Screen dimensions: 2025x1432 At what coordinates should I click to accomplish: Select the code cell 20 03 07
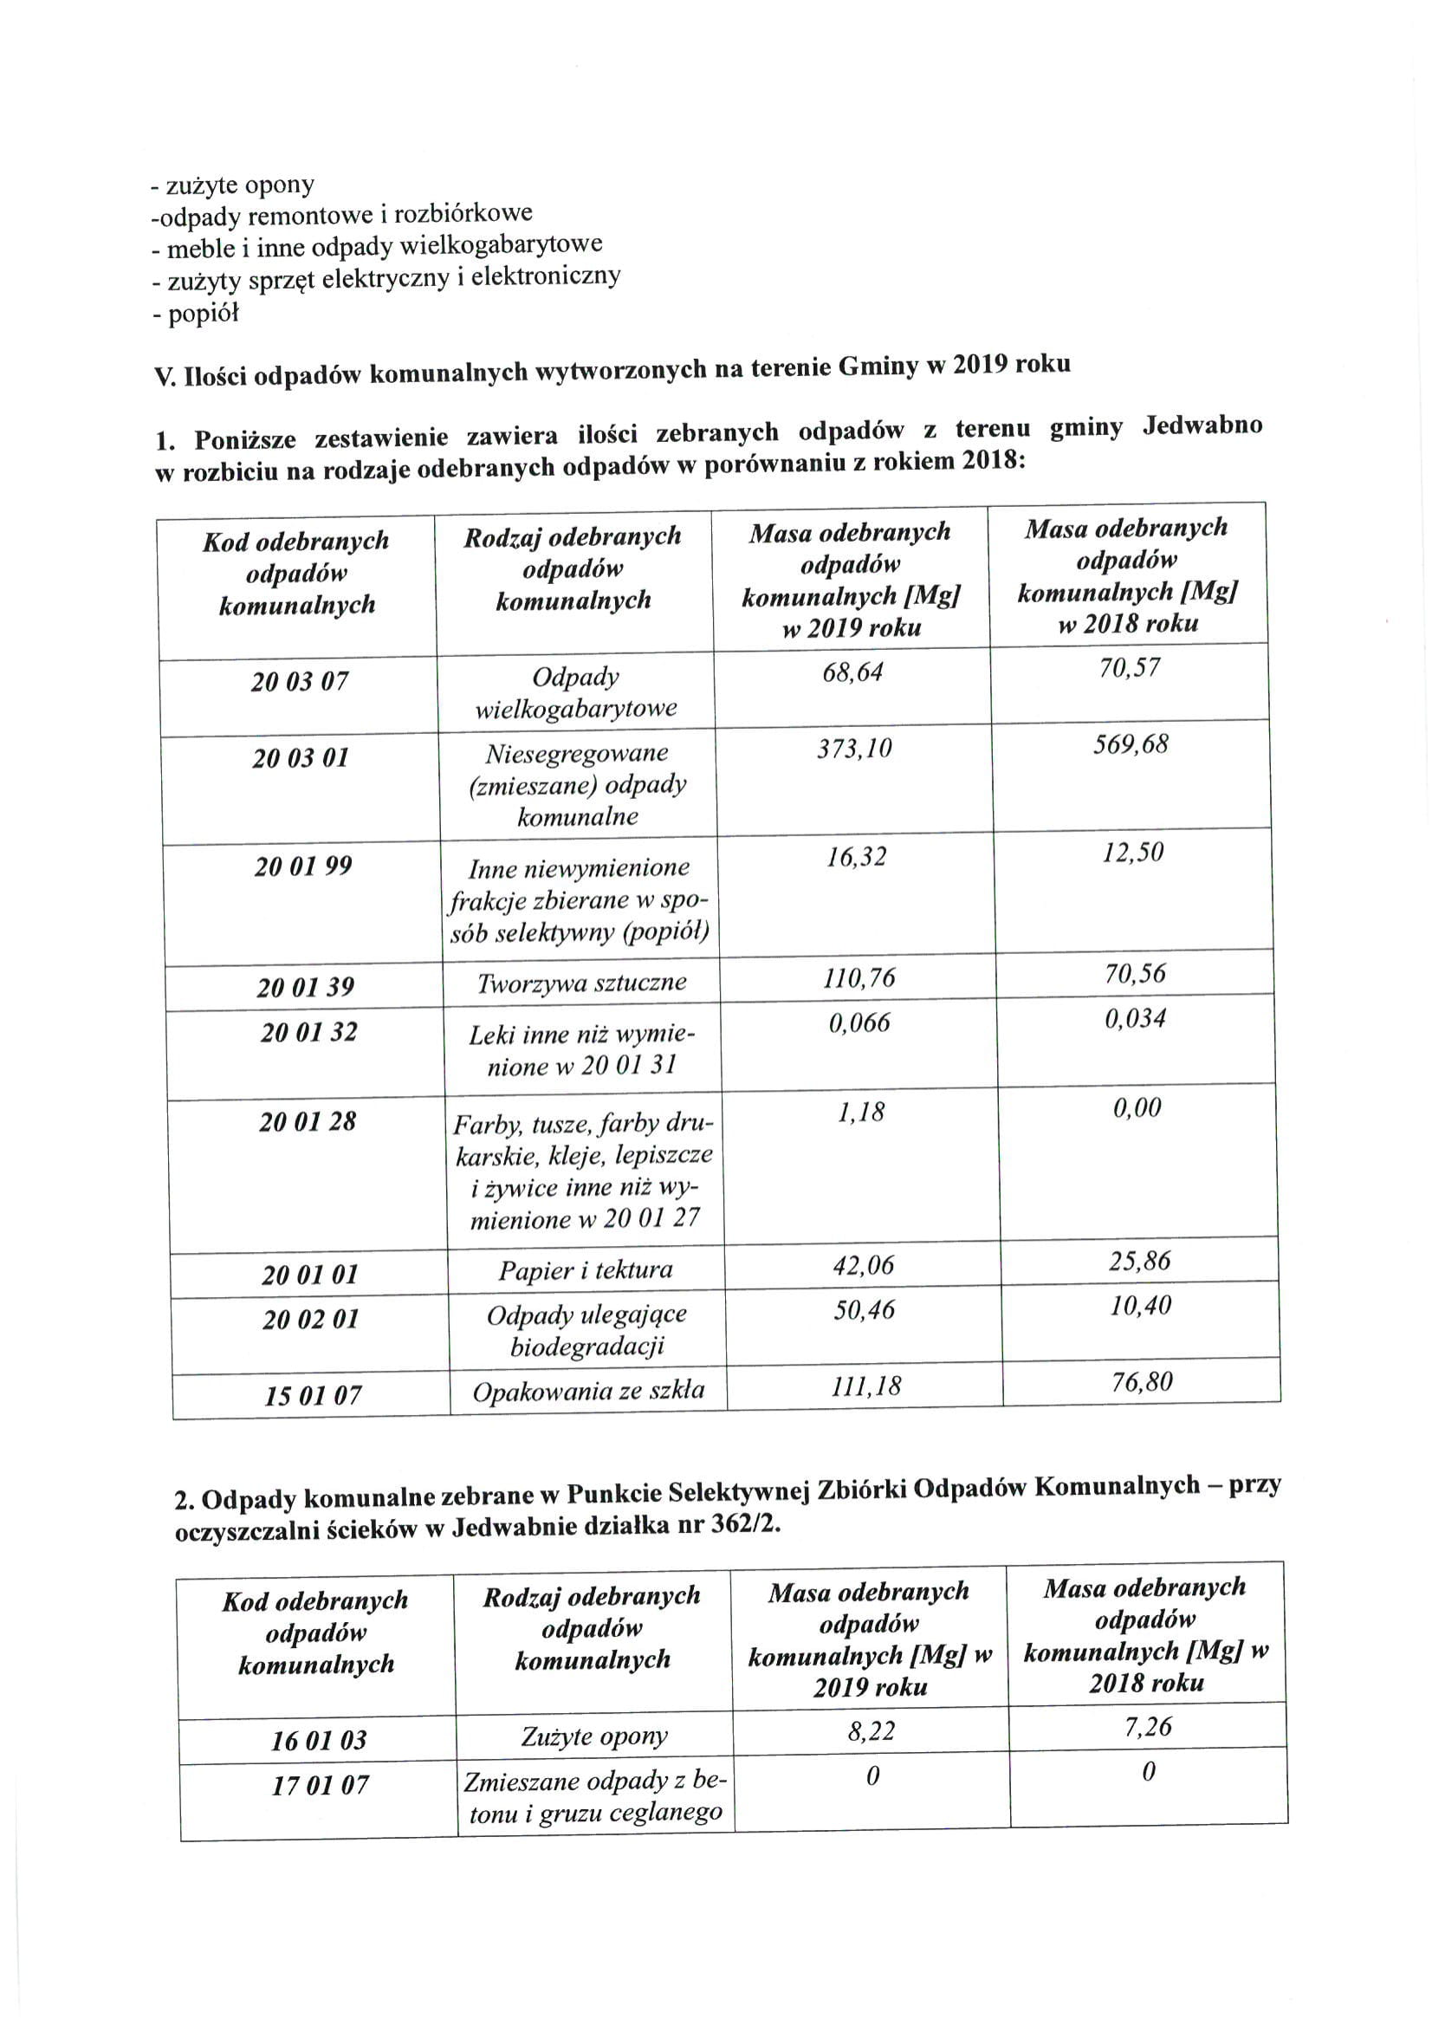[x=300, y=682]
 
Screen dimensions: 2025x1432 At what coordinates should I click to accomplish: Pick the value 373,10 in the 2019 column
[x=854, y=749]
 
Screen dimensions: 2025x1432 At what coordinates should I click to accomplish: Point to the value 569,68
[x=1131, y=744]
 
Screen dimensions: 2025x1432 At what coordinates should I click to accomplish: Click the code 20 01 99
[x=303, y=867]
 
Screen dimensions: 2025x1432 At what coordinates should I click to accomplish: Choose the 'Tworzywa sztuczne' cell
[x=581, y=983]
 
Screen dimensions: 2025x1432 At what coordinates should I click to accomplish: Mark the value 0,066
[x=859, y=1023]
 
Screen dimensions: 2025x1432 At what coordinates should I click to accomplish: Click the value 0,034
[x=1135, y=1019]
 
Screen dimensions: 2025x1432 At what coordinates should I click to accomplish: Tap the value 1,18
[x=860, y=1113]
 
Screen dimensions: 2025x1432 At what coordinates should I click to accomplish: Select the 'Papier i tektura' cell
[x=586, y=1271]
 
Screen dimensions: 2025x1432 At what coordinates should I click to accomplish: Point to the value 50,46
[x=865, y=1311]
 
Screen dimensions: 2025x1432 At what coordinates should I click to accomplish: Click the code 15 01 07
[x=313, y=1396]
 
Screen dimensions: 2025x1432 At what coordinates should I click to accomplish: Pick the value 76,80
[x=1142, y=1382]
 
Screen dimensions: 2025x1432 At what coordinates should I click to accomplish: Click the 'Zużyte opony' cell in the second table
[x=594, y=1736]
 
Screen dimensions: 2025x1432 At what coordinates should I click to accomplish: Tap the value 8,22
[x=872, y=1732]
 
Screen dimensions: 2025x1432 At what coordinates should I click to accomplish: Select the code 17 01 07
[x=319, y=1786]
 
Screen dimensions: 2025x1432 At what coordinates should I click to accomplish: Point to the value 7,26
[x=1147, y=1727]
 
